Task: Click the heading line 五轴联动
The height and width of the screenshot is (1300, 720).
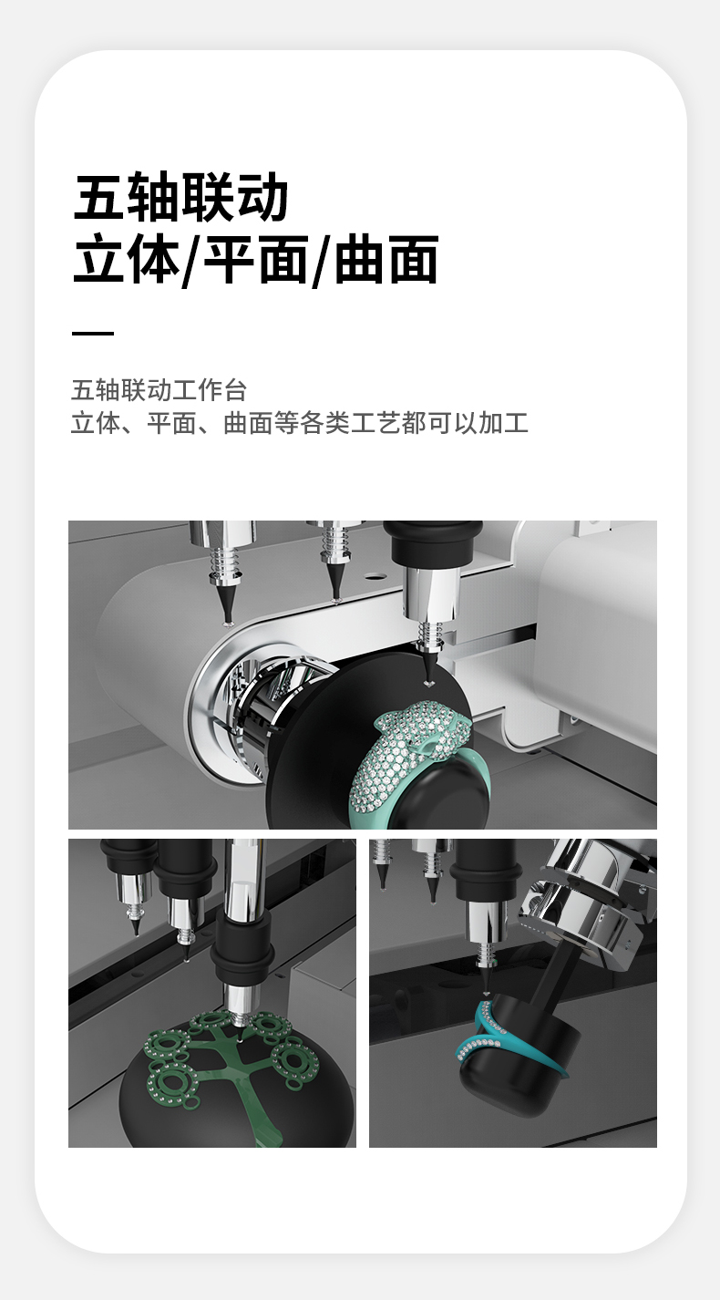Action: pyautogui.click(x=181, y=197)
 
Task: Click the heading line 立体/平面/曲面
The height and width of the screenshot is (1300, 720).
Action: pyautogui.click(x=256, y=260)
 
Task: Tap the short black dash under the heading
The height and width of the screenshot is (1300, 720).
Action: pyautogui.click(x=93, y=333)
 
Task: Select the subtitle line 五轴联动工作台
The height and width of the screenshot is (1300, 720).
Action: pyautogui.click(x=159, y=390)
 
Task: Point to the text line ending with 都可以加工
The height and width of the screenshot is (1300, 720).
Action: pyautogui.click(x=299, y=423)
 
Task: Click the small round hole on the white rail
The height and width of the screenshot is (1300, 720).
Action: pyautogui.click(x=375, y=577)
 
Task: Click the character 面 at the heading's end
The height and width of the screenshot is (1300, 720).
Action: pyautogui.click(x=413, y=260)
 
